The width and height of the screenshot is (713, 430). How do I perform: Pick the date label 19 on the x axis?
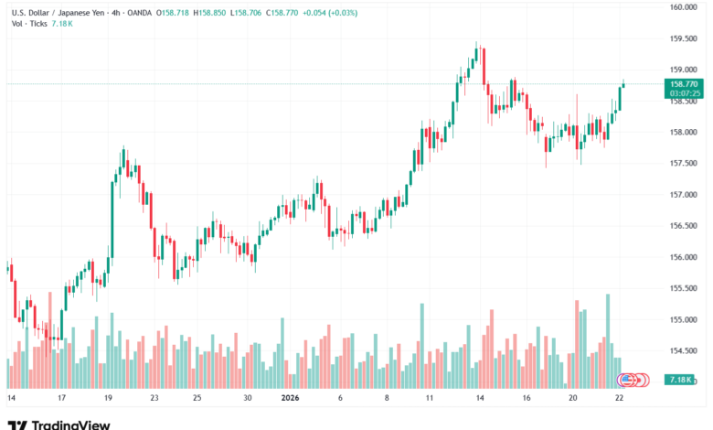[109, 399]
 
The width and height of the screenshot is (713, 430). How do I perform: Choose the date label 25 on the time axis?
[197, 399]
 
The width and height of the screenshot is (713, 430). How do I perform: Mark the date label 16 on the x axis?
[527, 399]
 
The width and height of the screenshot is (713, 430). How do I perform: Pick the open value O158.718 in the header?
[174, 13]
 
